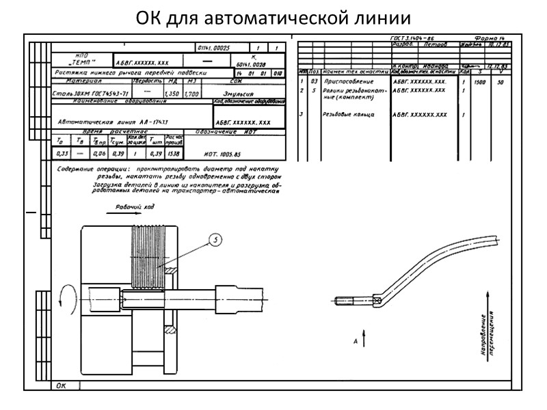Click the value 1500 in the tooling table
pyautogui.click(x=481, y=81)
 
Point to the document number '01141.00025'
pyautogui.click(x=213, y=47)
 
